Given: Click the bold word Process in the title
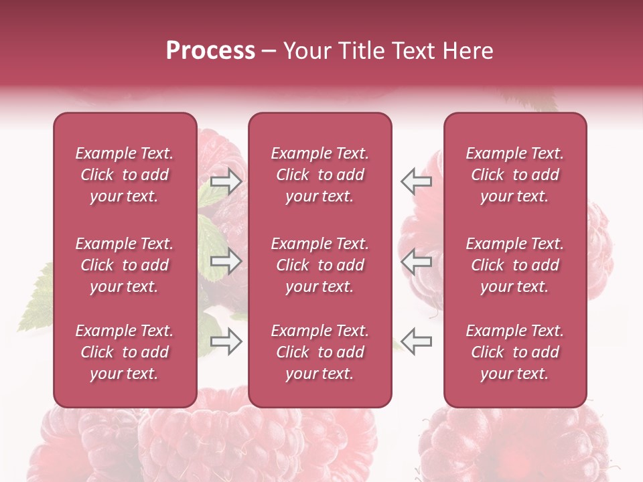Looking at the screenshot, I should point(210,51).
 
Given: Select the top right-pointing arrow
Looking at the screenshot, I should point(226,181).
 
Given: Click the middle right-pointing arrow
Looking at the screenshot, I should point(226,261).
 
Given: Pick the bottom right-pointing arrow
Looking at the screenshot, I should point(226,342).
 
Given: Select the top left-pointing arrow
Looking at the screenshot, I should point(416,181).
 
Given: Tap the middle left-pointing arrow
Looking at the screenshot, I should point(416,261).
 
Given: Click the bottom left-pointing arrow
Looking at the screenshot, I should point(416,342).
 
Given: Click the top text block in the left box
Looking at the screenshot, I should point(125,175).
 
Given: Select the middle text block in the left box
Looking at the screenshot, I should point(125,265).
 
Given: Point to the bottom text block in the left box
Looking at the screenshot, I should point(125,352).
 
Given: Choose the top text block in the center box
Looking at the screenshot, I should point(319,175).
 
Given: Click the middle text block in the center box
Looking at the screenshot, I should point(319,265).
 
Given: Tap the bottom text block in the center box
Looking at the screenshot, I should point(319,352).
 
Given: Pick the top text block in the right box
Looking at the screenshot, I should point(514,175).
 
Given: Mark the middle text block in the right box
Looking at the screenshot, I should point(514,265).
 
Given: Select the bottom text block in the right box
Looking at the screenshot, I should point(514,352).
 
